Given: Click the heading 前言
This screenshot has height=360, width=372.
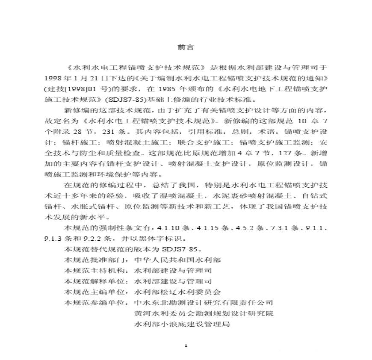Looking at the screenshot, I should click(185, 47).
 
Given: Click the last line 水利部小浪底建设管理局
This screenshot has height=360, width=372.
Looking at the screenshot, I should click(182, 324).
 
